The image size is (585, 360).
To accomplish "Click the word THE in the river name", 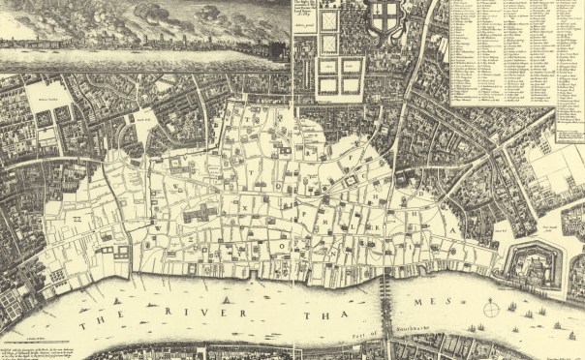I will [x=98, y=321].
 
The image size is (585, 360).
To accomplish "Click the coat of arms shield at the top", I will [x=386, y=20].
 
